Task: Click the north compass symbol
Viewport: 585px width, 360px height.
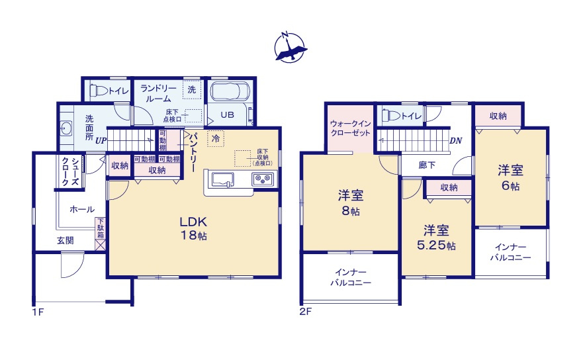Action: (x=291, y=48)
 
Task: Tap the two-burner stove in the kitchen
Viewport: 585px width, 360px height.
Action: (x=263, y=179)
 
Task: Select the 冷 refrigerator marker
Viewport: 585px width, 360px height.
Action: (x=215, y=138)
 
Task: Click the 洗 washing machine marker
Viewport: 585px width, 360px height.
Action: (x=191, y=89)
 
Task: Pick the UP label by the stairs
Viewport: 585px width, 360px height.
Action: (x=101, y=140)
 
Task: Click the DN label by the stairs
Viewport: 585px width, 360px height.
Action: (x=455, y=140)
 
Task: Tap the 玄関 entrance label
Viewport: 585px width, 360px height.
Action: (x=65, y=241)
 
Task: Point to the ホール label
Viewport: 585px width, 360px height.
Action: (x=81, y=209)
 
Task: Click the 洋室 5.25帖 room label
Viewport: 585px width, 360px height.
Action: (x=437, y=238)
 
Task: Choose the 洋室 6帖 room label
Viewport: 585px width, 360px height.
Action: (x=510, y=177)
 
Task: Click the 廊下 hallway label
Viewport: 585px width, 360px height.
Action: (x=427, y=165)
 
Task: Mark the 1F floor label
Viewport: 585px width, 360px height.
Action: (x=37, y=312)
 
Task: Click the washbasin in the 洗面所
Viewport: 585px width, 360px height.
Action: (x=66, y=128)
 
